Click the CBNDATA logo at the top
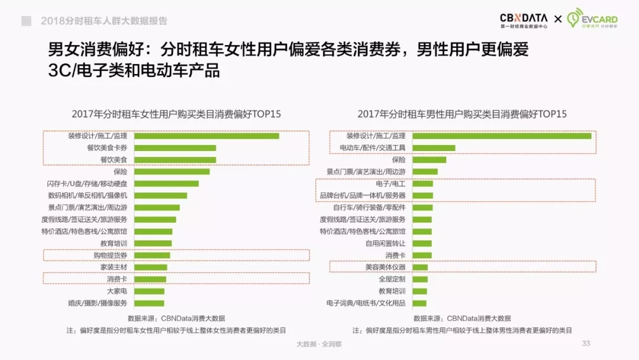tap(524, 21)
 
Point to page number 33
tap(586, 343)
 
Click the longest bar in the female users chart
tap(206, 136)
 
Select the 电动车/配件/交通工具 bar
tap(434, 148)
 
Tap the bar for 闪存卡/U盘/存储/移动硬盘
tap(166, 184)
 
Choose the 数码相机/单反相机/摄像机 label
tap(88, 195)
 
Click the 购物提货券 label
tap(110, 255)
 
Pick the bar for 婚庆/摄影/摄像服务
tap(149, 303)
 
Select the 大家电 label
tap(117, 291)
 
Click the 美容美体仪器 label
tap(385, 267)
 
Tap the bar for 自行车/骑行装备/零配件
tap(422, 208)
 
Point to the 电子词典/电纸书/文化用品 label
tap(366, 303)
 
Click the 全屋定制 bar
tap(419, 279)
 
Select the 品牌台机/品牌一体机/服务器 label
tap(363, 195)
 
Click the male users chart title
tap(461, 114)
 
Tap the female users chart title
tap(176, 114)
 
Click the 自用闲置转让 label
tap(385, 243)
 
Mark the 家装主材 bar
tap(150, 267)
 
